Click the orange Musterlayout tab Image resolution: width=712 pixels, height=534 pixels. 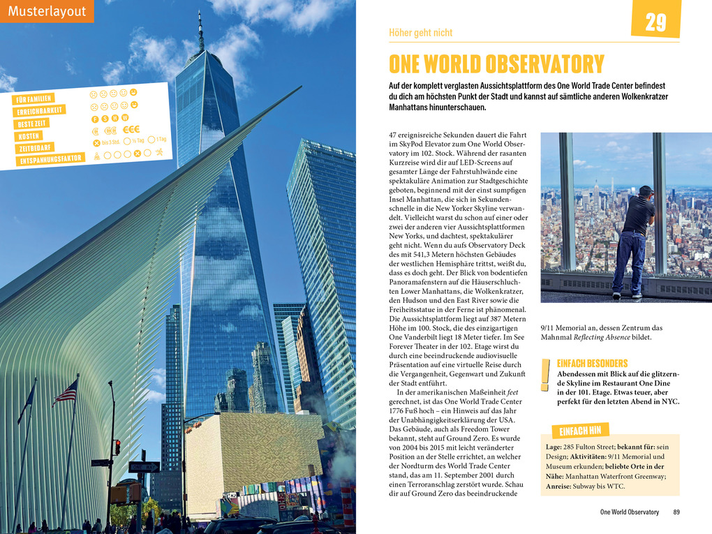point(47,11)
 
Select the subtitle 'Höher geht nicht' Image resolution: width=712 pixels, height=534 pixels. point(420,33)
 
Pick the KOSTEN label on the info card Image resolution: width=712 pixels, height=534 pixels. point(29,135)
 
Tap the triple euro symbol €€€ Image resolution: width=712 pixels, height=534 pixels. point(131,129)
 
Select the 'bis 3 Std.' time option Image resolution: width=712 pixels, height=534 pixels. point(106,142)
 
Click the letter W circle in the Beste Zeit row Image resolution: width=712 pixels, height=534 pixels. point(125,117)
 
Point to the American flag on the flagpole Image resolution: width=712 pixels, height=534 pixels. point(66,393)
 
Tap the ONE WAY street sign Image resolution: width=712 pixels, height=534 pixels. point(144,466)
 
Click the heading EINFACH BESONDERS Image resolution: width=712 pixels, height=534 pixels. point(592,364)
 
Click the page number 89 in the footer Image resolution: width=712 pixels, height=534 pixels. point(676,512)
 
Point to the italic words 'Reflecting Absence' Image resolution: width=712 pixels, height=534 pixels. point(605,337)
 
